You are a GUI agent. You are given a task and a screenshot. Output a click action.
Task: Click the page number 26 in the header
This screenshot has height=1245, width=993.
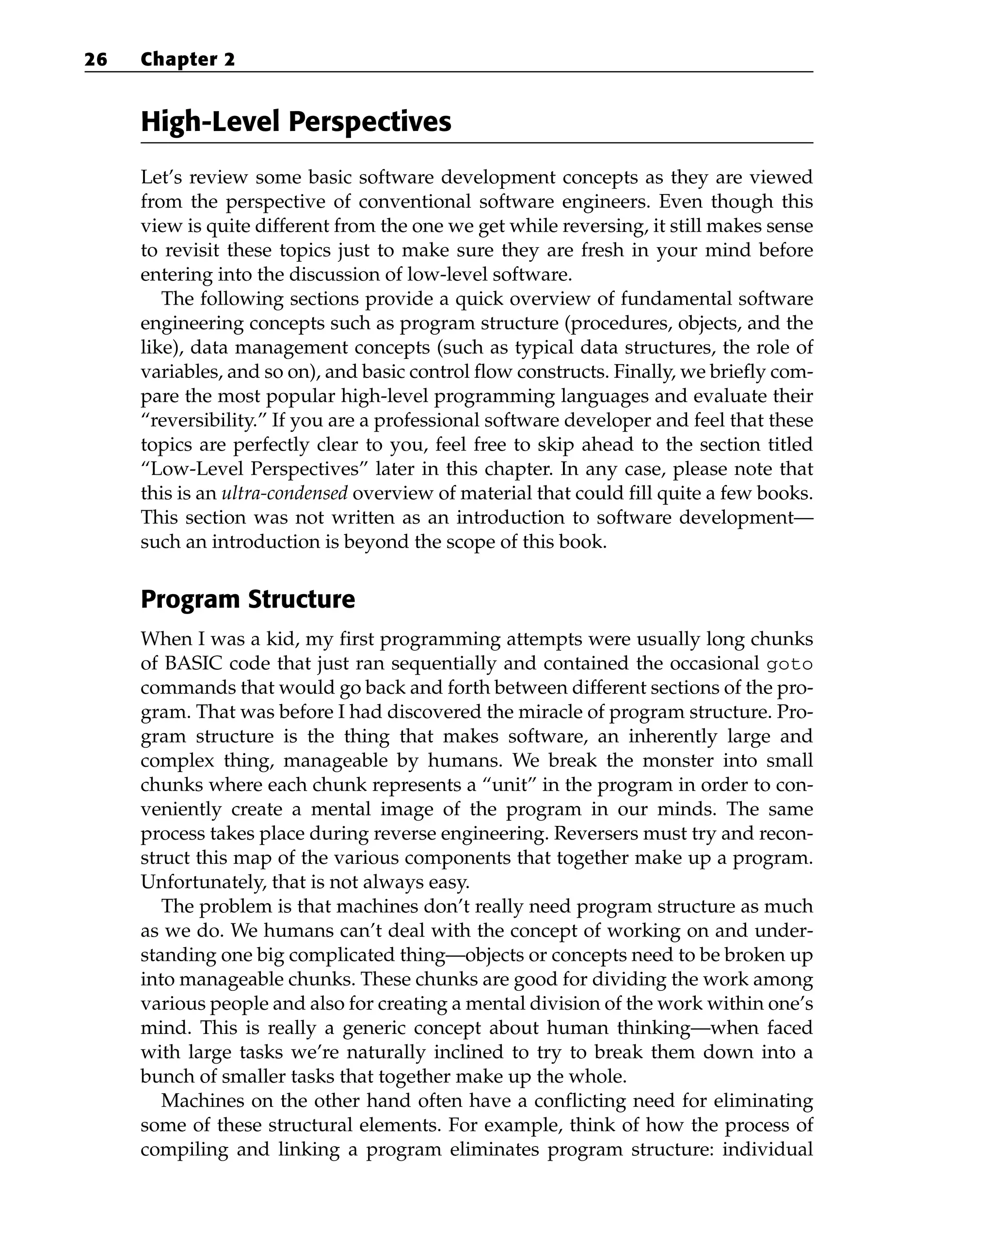point(96,60)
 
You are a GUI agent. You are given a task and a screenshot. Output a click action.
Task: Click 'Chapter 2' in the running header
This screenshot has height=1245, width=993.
point(188,60)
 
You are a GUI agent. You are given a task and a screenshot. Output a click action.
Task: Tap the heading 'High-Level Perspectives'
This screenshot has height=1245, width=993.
point(296,122)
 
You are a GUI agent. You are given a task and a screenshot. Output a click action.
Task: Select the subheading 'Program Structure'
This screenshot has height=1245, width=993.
point(248,599)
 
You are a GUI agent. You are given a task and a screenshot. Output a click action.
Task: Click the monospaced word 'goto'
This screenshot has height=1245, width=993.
point(789,664)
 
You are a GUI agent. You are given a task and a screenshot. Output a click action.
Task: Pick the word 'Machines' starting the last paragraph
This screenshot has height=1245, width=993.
point(200,1100)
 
